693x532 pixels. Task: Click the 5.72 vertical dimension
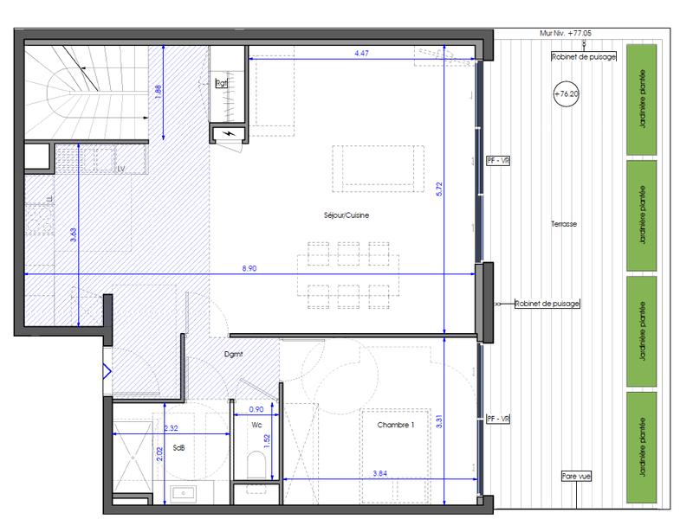click(440, 193)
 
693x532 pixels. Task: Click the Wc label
click(256, 425)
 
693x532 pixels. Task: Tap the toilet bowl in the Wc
click(256, 465)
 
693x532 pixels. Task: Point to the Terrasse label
click(563, 224)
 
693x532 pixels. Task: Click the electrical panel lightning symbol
click(229, 134)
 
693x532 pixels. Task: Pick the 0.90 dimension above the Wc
click(256, 409)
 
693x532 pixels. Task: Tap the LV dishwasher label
click(122, 170)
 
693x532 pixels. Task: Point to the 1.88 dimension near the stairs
click(158, 93)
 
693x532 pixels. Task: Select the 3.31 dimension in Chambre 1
click(440, 425)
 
